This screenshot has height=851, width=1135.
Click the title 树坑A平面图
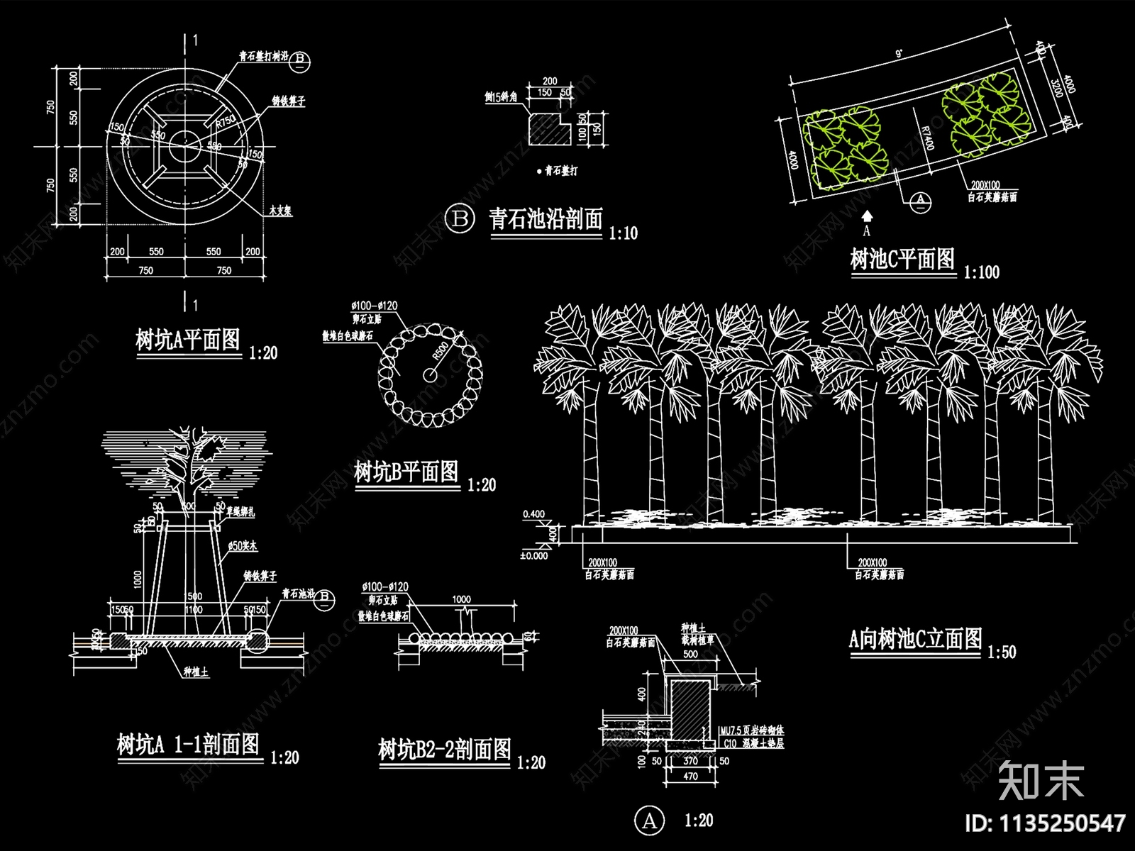point(188,340)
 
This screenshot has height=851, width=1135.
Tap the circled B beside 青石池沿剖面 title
point(460,218)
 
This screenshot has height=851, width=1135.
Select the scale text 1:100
point(981,272)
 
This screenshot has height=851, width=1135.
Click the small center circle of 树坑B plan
point(428,373)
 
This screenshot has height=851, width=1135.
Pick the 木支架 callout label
point(280,211)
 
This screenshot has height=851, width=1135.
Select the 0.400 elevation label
point(533,514)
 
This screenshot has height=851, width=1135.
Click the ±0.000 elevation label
point(533,556)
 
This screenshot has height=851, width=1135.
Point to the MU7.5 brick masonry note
point(751,730)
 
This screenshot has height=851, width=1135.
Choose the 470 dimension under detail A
point(690,776)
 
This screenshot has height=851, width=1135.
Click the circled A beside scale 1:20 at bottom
point(649,821)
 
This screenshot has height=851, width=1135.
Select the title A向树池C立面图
point(915,640)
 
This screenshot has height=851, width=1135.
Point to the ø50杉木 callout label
point(243,546)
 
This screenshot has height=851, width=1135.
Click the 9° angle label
point(900,54)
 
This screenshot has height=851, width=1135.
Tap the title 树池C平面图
point(902,259)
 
